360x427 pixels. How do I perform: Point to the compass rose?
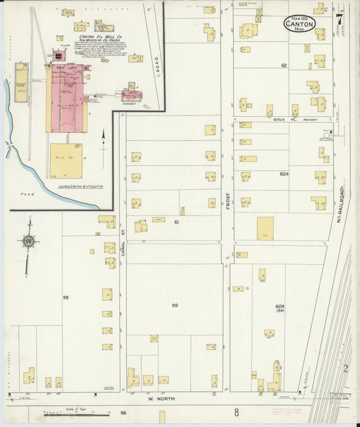tap(28, 241)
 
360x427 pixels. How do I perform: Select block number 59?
tap(174, 305)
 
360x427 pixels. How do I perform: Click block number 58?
tap(66, 297)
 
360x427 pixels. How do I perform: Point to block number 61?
tap(176, 222)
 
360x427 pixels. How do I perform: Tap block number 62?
tap(284, 66)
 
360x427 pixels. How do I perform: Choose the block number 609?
tap(280, 306)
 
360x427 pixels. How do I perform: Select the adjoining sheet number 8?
tap(236, 411)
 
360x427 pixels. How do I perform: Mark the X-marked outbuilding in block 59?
tap(154, 338)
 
